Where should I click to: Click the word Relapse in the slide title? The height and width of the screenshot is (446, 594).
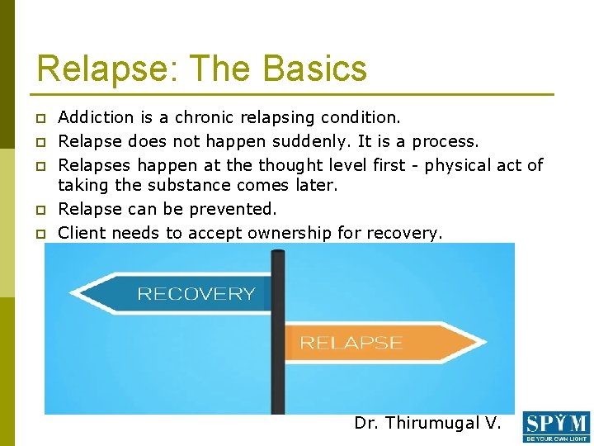tap(86, 68)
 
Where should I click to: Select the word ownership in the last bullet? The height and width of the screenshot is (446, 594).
tap(285, 233)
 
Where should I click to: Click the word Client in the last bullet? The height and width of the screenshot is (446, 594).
tap(82, 233)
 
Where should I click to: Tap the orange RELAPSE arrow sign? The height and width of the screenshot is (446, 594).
tap(371, 343)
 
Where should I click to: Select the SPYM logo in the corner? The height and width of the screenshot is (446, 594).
tap(556, 427)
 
